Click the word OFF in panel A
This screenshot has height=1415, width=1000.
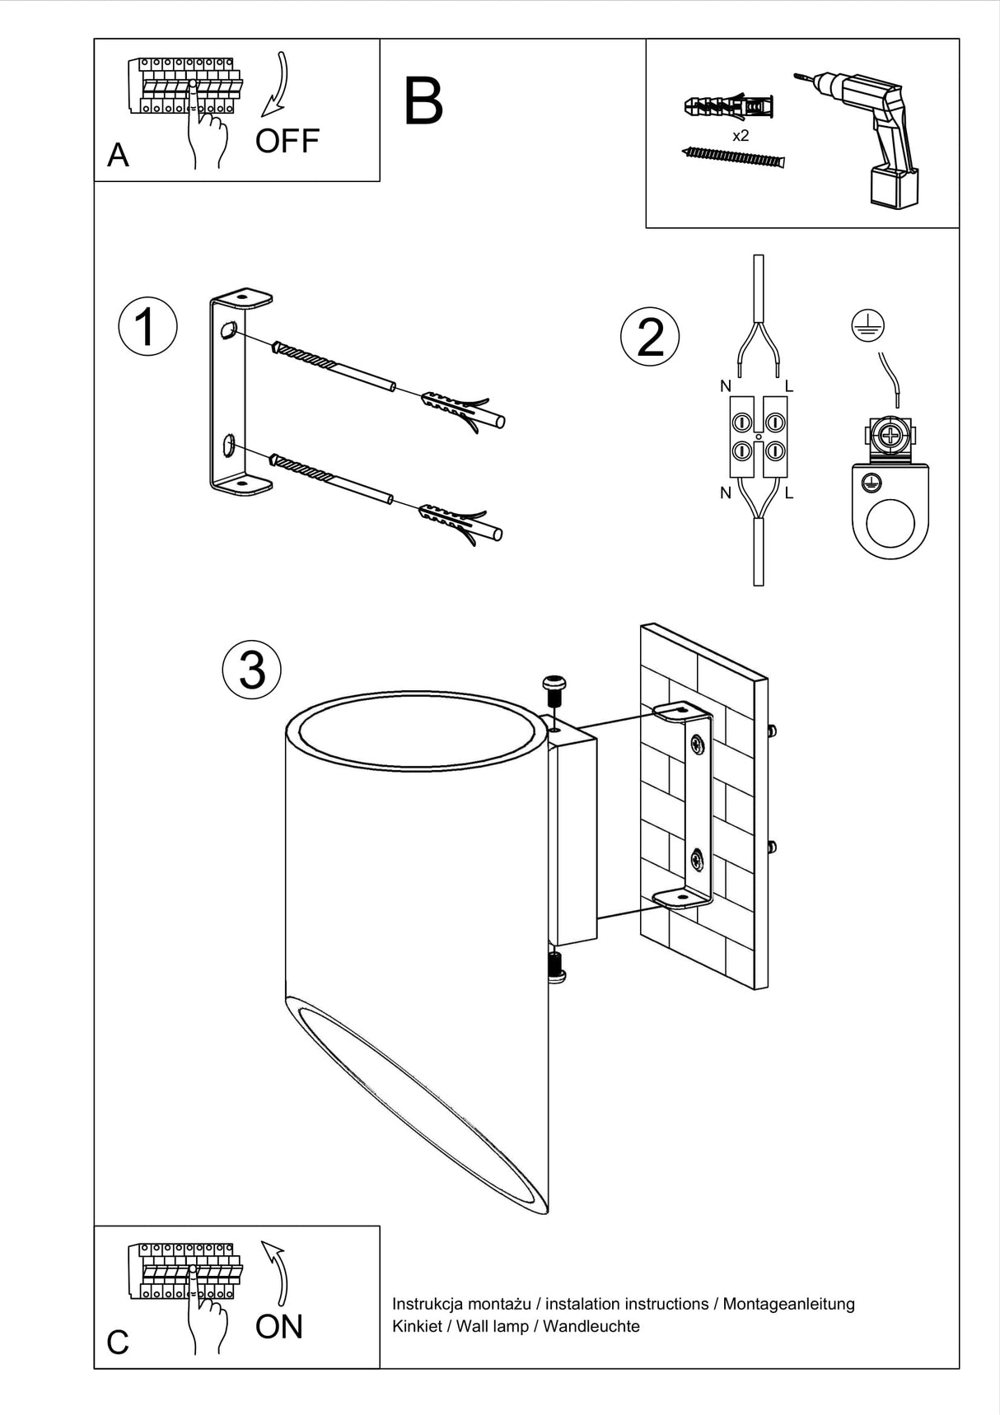[287, 142]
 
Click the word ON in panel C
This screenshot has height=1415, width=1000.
[279, 1327]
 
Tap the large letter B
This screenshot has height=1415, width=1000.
[423, 102]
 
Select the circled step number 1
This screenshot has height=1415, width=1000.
[147, 326]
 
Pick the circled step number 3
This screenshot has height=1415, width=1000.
[252, 669]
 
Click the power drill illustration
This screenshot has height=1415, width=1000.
[865, 132]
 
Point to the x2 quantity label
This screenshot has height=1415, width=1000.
[741, 136]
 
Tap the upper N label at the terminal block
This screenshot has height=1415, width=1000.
[725, 385]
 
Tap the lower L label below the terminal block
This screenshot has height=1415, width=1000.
[789, 493]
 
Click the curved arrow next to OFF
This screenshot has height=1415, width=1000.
[277, 86]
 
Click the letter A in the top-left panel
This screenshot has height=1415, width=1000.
[118, 155]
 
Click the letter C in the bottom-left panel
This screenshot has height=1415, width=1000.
[118, 1343]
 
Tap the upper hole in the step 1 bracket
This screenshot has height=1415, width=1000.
[228, 331]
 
